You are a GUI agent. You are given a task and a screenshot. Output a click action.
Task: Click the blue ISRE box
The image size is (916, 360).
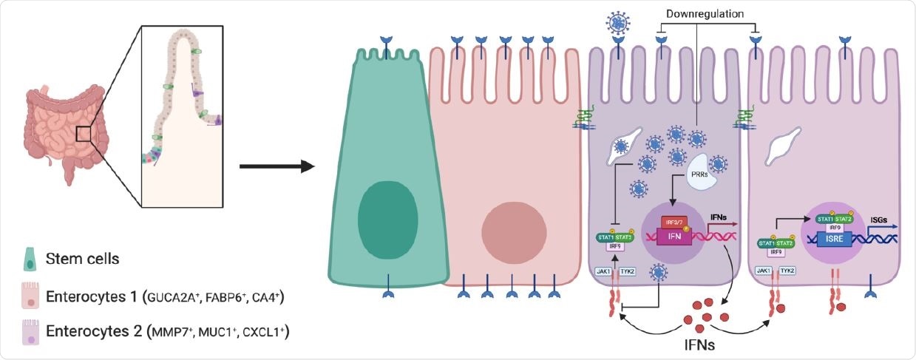[x=849, y=239]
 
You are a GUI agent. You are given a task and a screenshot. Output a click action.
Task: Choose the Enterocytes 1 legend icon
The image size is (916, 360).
[x=27, y=295]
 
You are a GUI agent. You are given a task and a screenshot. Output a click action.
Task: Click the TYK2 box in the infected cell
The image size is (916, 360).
[x=627, y=272]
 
